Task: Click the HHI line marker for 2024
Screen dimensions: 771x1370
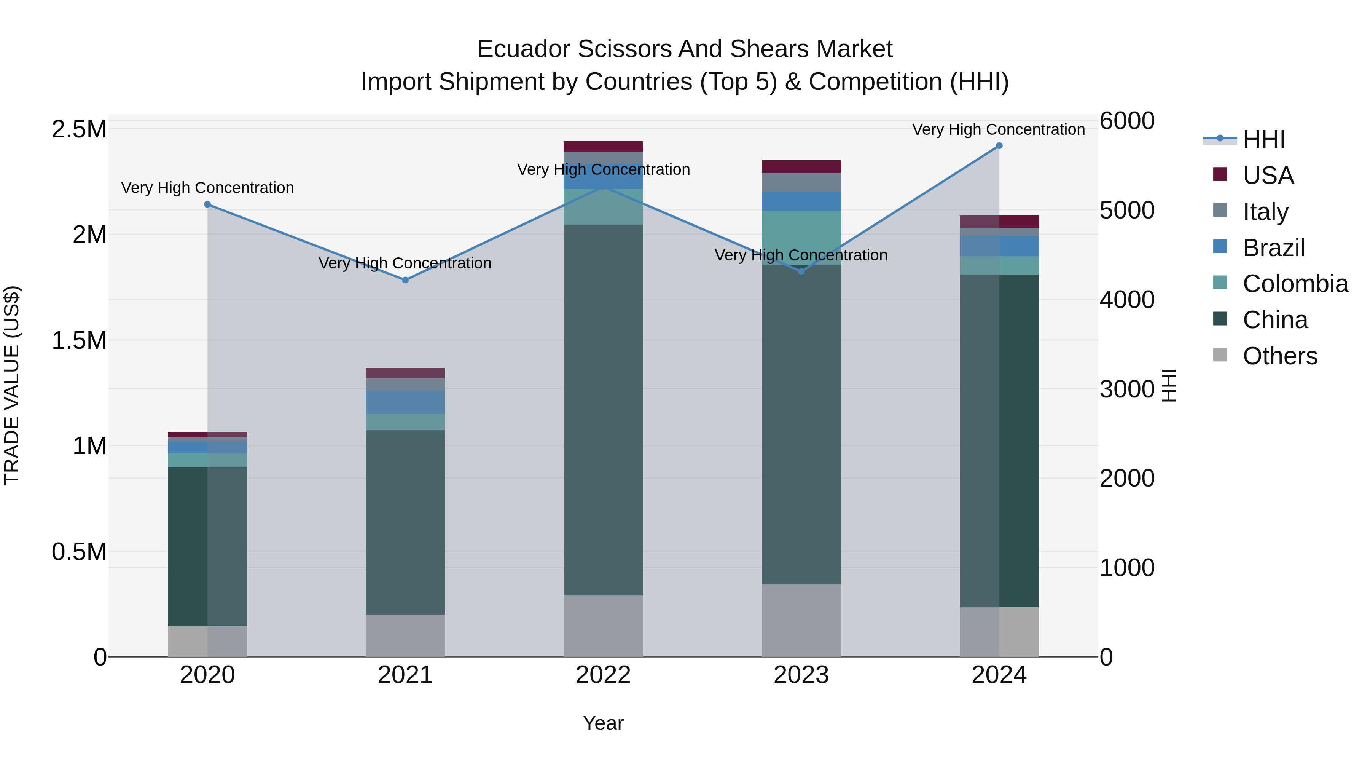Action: click(999, 146)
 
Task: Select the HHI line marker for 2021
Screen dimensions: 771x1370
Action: click(405, 280)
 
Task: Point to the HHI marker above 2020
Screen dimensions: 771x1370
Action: click(207, 204)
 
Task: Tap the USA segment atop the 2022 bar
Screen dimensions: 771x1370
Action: click(603, 146)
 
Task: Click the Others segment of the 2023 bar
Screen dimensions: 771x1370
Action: click(801, 621)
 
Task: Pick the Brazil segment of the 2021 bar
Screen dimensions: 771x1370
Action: click(405, 402)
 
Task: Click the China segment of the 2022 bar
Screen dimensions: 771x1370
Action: click(603, 410)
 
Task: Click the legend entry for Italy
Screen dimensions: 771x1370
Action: click(1265, 211)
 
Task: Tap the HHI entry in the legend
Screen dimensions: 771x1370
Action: click(1263, 139)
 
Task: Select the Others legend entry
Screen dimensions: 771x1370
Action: click(1279, 356)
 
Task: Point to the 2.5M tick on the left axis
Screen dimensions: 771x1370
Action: click(79, 129)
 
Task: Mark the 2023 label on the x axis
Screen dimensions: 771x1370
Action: click(801, 675)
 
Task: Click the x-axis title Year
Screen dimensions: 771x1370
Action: click(603, 723)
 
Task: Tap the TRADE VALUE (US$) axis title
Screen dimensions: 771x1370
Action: click(12, 385)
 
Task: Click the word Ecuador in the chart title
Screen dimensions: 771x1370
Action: click(523, 49)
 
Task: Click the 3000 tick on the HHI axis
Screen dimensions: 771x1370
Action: click(1127, 389)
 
